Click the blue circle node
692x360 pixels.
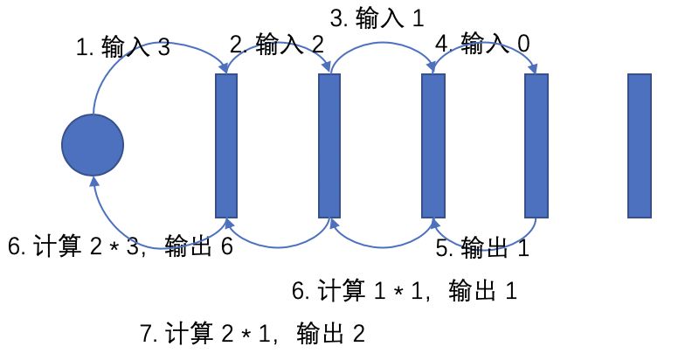pos(93,145)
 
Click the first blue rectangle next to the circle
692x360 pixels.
pos(226,146)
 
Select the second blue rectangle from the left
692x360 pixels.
pos(329,146)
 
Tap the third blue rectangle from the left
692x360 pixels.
pos(432,146)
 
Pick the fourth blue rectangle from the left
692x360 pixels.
pos(536,146)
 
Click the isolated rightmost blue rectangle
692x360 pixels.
pos(640,146)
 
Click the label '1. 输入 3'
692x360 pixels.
pos(123,47)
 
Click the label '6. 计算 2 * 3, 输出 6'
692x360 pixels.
pos(120,247)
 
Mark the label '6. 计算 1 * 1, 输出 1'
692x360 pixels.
pos(405,291)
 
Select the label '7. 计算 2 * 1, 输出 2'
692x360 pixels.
pos(252,334)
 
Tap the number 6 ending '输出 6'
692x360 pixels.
pos(226,247)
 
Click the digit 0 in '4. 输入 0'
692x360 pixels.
pos(522,42)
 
